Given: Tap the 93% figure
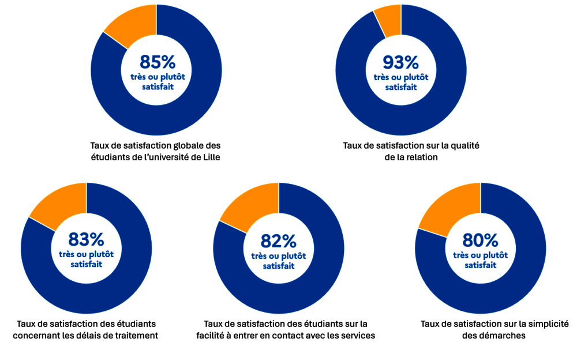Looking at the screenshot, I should tap(401, 62).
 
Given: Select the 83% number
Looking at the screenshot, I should tap(86, 239).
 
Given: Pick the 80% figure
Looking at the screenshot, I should tap(481, 239).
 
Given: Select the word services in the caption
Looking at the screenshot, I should tap(355, 336).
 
